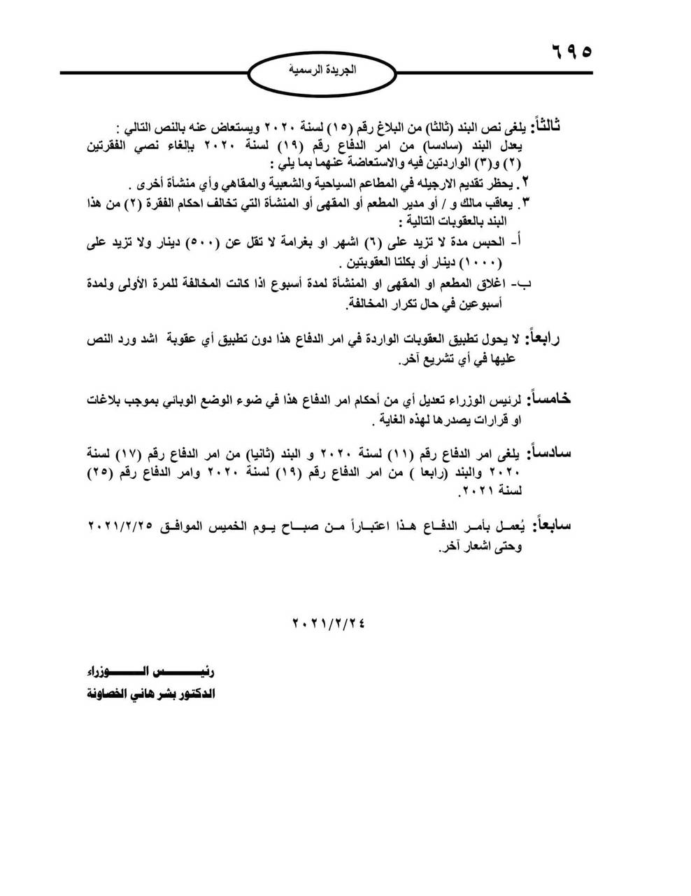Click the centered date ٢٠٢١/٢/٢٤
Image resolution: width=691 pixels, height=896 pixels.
(x=328, y=622)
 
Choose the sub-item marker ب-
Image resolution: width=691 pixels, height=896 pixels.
(x=525, y=283)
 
